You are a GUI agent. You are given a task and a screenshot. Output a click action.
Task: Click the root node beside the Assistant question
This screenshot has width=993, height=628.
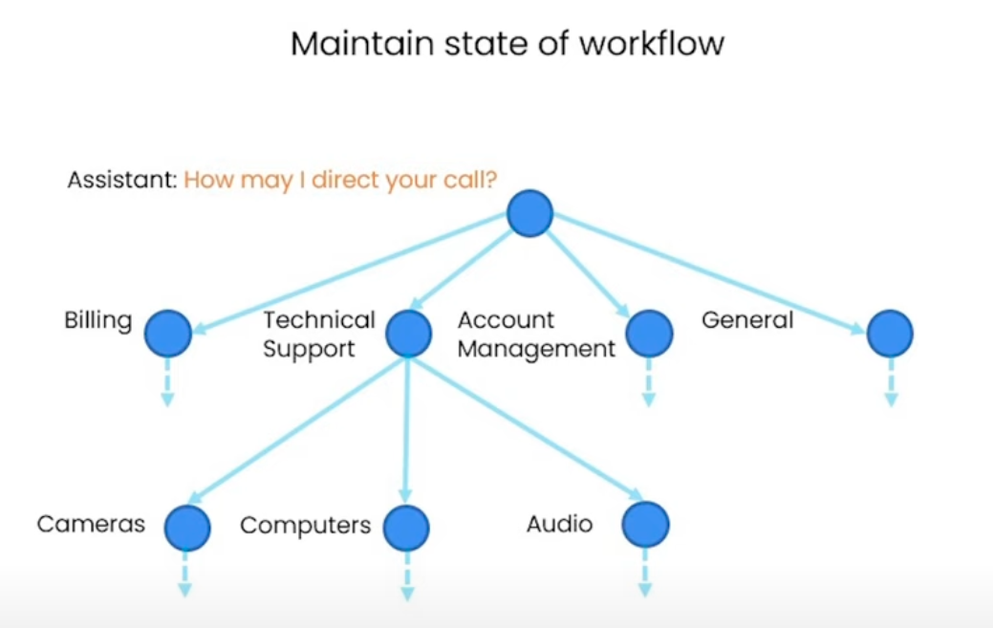tap(529, 213)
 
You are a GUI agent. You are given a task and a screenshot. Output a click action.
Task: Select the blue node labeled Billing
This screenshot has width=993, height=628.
tap(168, 334)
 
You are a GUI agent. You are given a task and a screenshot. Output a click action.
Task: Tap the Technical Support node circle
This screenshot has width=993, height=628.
tap(409, 334)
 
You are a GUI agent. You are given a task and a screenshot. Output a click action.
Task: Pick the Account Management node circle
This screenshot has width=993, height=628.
tap(649, 334)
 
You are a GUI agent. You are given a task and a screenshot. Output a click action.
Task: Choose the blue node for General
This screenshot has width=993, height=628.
tap(890, 334)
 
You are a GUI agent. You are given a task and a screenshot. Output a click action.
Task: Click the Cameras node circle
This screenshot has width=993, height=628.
tap(186, 527)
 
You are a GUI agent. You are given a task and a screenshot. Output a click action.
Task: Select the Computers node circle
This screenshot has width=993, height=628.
tap(406, 527)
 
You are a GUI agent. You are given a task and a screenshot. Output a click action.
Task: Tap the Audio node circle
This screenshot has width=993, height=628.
tap(645, 524)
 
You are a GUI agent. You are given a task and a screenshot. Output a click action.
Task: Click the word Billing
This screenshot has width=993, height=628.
tap(98, 320)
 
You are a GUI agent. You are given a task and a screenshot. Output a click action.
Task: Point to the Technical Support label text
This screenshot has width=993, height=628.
tap(319, 335)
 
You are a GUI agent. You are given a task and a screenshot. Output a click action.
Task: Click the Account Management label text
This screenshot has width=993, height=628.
tap(536, 335)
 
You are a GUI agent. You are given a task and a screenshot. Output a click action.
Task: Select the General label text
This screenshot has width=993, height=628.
tap(747, 320)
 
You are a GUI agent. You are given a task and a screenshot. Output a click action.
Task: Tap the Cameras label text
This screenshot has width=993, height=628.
tap(91, 524)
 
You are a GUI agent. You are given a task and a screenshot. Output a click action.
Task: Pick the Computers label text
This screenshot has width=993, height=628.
tap(305, 526)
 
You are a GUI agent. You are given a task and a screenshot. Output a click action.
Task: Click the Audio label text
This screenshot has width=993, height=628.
tap(559, 524)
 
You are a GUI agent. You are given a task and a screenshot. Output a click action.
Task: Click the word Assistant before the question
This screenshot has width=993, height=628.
tap(122, 180)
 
